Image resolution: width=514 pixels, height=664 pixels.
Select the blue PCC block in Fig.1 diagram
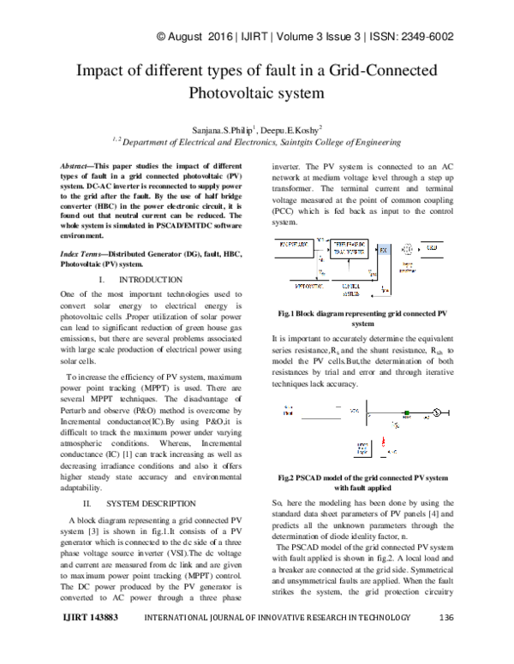click(x=383, y=250)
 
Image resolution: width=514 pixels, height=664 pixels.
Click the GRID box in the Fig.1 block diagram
click(x=432, y=247)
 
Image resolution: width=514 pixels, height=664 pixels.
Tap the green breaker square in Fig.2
click(x=396, y=412)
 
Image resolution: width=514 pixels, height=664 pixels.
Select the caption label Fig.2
click(x=287, y=477)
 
